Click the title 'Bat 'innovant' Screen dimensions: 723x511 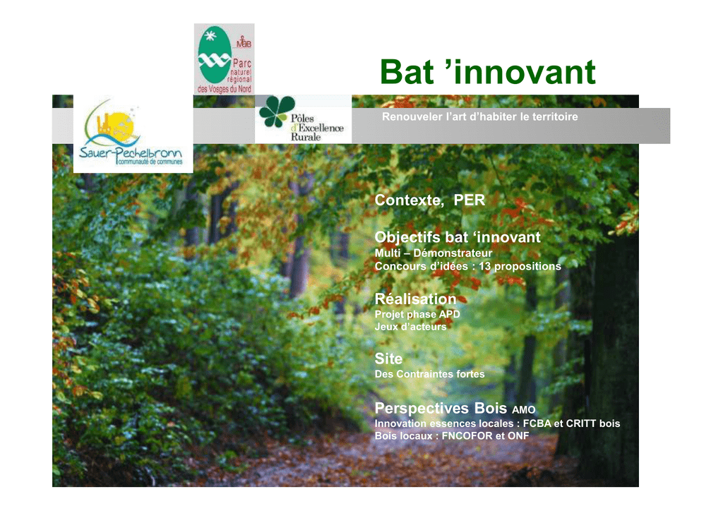click(x=488, y=72)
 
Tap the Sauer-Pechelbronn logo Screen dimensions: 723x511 click(x=133, y=133)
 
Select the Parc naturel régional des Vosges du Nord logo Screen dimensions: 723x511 click(x=224, y=59)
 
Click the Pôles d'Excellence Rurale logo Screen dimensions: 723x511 click(x=303, y=119)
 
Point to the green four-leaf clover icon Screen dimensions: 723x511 click(x=276, y=111)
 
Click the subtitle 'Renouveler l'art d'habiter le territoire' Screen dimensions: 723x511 click(x=479, y=116)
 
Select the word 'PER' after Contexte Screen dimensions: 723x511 click(x=470, y=200)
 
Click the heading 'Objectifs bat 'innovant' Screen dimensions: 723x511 click(x=458, y=237)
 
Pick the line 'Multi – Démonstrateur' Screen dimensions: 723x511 click(x=434, y=253)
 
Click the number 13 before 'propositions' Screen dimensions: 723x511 click(x=484, y=266)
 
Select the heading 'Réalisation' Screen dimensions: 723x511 click(x=415, y=299)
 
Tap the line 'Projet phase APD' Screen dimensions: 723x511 click(x=417, y=314)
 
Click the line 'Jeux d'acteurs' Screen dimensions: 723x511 click(x=410, y=327)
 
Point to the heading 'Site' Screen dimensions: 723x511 click(x=388, y=359)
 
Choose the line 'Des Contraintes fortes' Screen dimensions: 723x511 click(x=429, y=374)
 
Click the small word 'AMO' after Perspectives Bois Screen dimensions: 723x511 click(x=524, y=409)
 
